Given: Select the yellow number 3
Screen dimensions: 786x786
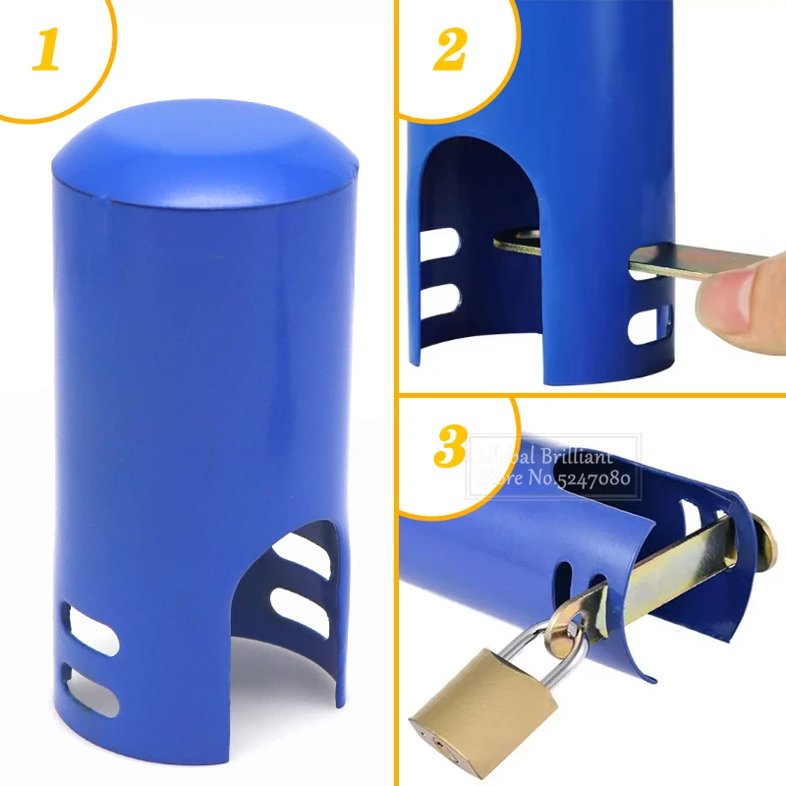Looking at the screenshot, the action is point(450,446).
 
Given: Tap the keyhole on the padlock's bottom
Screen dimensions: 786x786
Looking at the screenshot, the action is point(439,742).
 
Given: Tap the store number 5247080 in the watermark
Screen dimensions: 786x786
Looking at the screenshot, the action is point(593,478).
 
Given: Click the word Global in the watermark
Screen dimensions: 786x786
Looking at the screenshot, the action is point(507,457).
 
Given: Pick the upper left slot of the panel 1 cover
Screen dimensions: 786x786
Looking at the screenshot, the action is point(90,629).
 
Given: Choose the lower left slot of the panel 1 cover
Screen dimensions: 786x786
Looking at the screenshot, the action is point(90,691).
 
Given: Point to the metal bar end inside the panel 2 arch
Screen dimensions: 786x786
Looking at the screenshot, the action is point(518,241).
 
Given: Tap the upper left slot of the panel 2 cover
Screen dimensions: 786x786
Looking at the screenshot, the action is point(440,243).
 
